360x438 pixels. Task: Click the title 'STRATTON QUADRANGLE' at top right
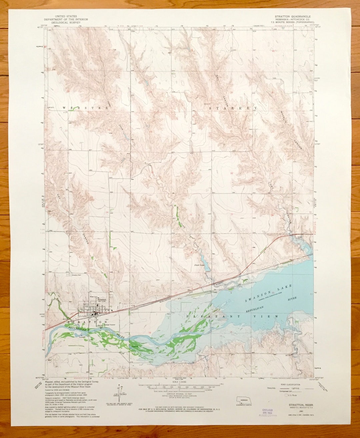pos(292,16)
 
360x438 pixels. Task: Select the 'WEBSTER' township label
pos(85,108)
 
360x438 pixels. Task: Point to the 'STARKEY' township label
pos(233,108)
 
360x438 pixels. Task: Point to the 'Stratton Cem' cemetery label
pos(77,275)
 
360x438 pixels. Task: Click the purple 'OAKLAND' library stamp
pos(267,412)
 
